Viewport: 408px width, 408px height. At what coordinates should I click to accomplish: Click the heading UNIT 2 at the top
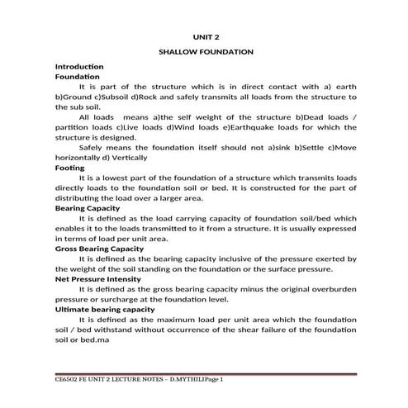click(206, 36)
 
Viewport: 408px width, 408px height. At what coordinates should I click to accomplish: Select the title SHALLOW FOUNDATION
click(206, 52)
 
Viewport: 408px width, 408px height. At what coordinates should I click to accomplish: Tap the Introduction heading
click(78, 66)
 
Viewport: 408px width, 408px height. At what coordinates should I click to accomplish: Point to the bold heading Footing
click(69, 168)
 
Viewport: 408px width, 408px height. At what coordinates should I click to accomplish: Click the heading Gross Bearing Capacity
click(99, 248)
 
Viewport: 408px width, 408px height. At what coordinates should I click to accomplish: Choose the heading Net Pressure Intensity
click(97, 278)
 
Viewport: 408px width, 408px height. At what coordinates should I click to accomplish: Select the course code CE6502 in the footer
click(69, 379)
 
